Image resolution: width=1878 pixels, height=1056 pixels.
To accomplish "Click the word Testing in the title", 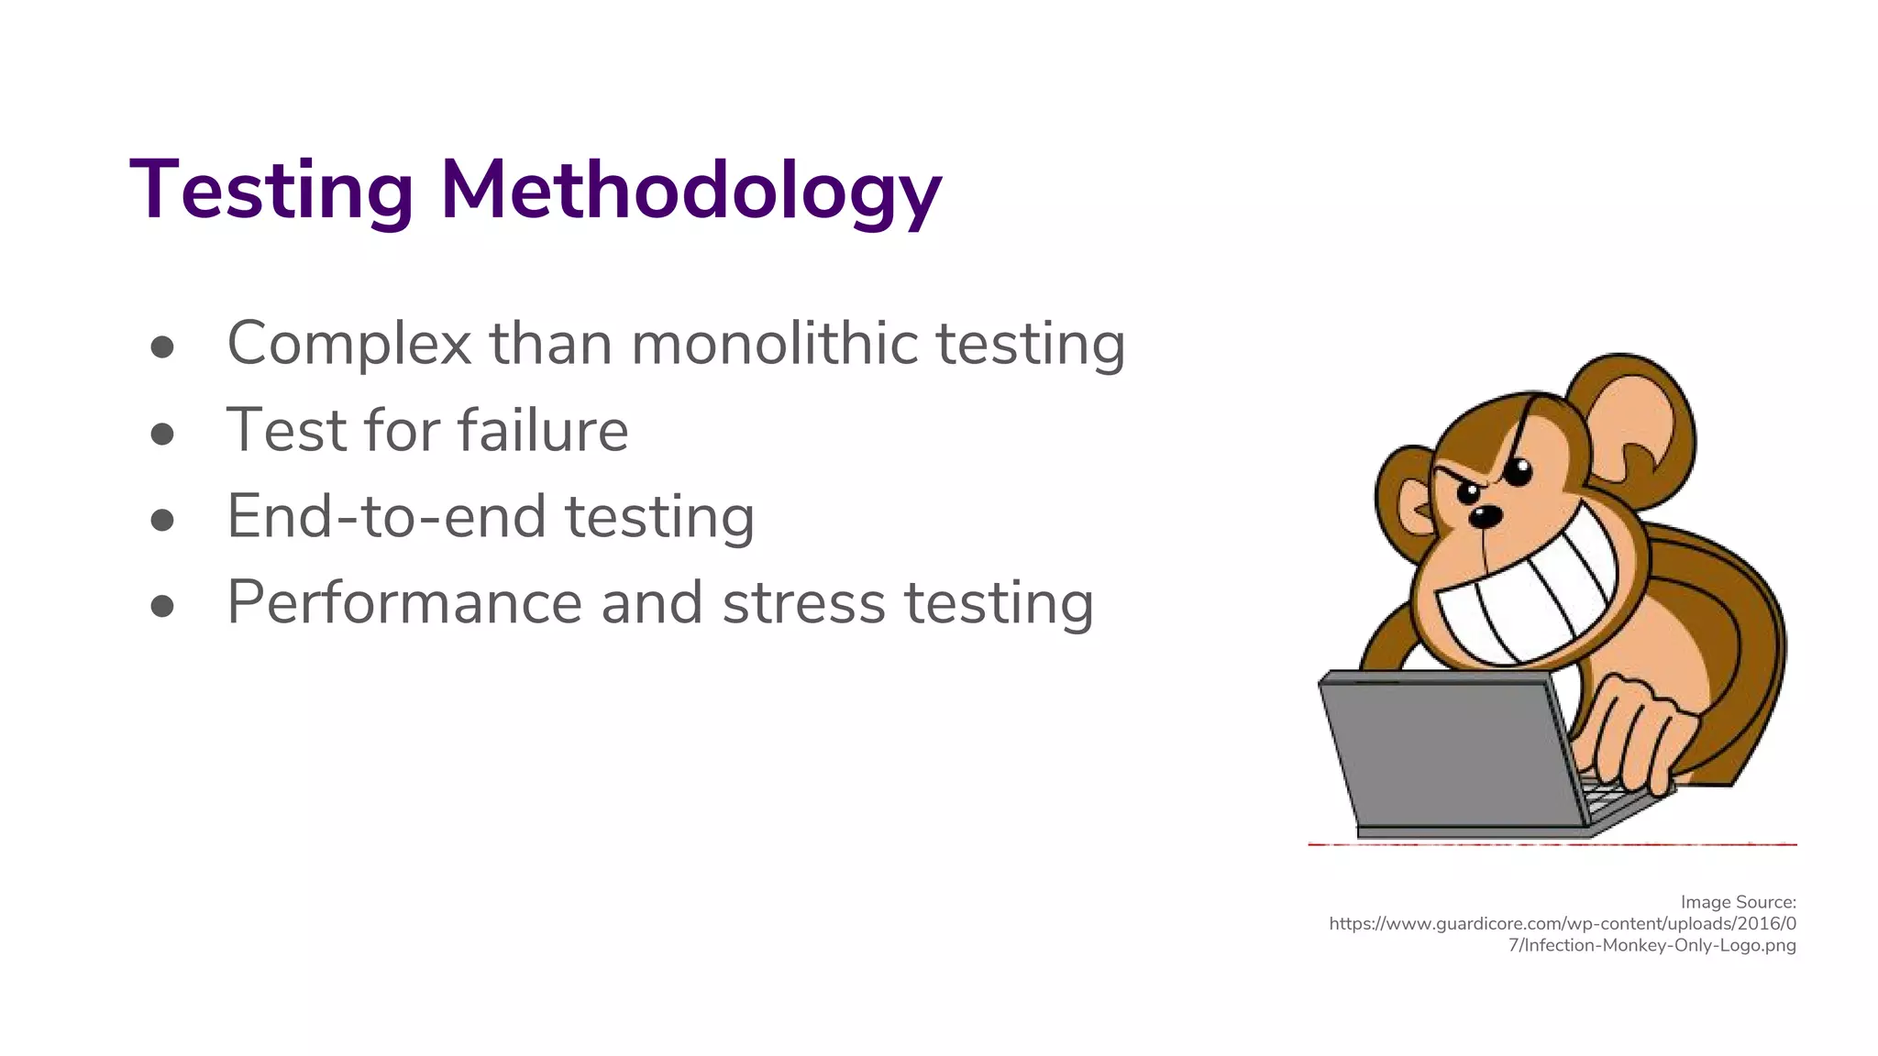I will pyautogui.click(x=271, y=191).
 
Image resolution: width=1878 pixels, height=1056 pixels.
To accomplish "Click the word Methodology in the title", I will pyautogui.click(x=690, y=191).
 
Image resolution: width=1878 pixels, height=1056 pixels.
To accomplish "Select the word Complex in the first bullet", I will pyautogui.click(x=348, y=344).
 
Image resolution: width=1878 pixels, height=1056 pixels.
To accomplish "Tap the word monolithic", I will pyautogui.click(x=774, y=344).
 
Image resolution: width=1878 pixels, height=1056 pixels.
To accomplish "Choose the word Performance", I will pyautogui.click(x=404, y=603).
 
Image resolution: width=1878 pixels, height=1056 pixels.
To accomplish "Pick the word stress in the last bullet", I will pyautogui.click(x=803, y=603).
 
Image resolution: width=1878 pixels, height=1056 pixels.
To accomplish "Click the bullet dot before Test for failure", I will pyautogui.click(x=162, y=433).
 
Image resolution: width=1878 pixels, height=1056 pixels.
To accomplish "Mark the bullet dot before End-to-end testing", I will pyautogui.click(x=162, y=520).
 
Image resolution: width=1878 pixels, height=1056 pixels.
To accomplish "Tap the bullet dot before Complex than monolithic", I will pyautogui.click(x=162, y=346).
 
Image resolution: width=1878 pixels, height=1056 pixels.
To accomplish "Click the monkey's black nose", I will pyautogui.click(x=1486, y=515).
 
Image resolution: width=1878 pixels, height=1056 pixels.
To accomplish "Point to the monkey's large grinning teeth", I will pyautogui.click(x=1527, y=596).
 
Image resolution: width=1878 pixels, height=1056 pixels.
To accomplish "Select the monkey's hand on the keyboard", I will pyautogui.click(x=1637, y=733).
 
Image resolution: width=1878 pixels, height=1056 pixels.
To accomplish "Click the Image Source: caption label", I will pyautogui.click(x=1738, y=902).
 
